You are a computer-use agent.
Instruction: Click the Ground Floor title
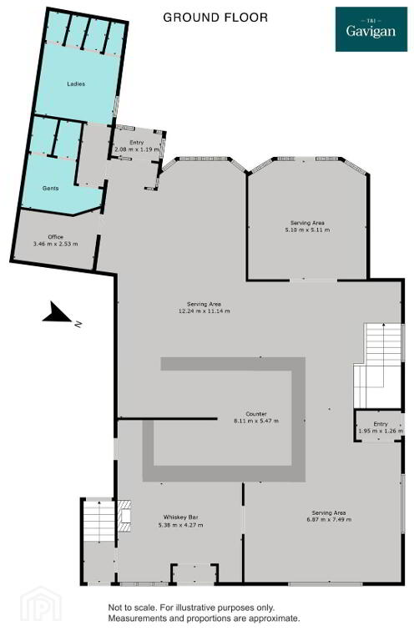click(x=215, y=18)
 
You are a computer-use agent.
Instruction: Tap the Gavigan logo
click(x=371, y=29)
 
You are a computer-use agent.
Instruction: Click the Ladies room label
click(x=76, y=83)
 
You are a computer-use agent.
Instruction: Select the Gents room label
click(x=51, y=189)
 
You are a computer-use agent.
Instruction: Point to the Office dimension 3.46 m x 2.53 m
click(x=56, y=244)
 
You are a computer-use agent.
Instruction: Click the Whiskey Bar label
click(x=180, y=517)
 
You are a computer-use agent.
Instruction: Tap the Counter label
click(x=256, y=414)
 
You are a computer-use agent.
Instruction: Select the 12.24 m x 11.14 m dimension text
click(x=204, y=311)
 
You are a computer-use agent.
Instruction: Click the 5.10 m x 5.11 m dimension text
click(x=307, y=230)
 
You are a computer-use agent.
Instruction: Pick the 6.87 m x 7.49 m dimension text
click(x=329, y=520)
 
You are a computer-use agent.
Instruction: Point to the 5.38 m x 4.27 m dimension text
click(x=180, y=525)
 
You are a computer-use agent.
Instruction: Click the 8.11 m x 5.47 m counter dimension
click(x=256, y=421)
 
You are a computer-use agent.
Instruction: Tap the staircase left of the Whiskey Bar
click(x=98, y=521)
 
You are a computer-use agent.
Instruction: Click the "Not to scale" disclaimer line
click(x=191, y=608)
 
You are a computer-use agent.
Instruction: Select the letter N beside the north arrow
click(x=78, y=325)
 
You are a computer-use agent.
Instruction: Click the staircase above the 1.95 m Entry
click(x=378, y=366)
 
